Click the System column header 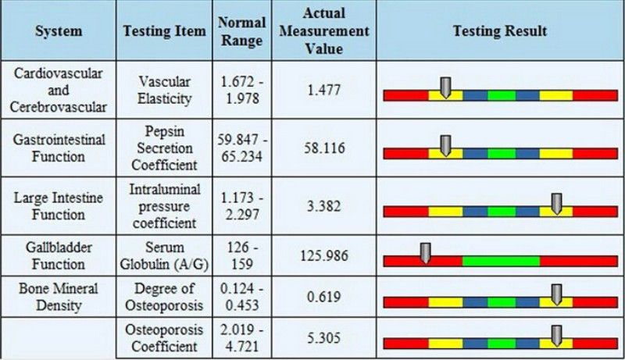59,31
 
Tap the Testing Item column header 165,31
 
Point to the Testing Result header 500,31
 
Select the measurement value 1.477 324,91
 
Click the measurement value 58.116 324,148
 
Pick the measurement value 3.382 324,205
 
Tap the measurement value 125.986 324,255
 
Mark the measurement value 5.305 324,339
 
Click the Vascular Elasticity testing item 165,90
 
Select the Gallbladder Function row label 59,255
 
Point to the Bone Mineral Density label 59,297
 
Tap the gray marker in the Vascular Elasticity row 445,87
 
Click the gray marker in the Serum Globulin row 425,251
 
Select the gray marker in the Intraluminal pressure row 556,202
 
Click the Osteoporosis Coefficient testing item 165,339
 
